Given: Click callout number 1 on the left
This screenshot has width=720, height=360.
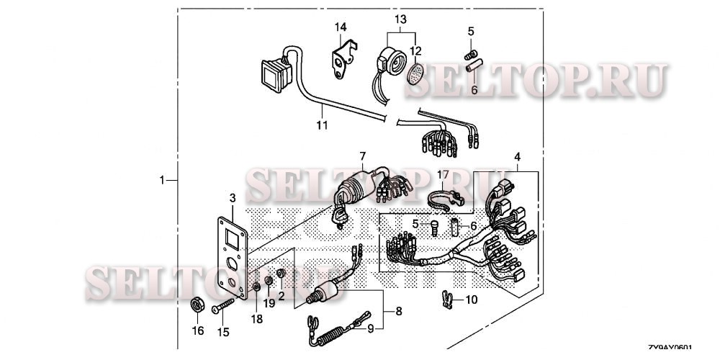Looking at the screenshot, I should (163, 179).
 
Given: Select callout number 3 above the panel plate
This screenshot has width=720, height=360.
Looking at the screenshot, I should (232, 198).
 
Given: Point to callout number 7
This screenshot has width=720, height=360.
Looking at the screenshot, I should (362, 156).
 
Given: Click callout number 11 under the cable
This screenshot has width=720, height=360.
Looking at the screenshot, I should (322, 125).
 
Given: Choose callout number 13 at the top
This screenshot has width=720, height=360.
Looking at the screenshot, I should (400, 17).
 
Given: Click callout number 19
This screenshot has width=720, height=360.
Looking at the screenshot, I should (268, 303).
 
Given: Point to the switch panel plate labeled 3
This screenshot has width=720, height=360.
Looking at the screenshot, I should (233, 253).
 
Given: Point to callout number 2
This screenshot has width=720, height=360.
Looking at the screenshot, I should (282, 295).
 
